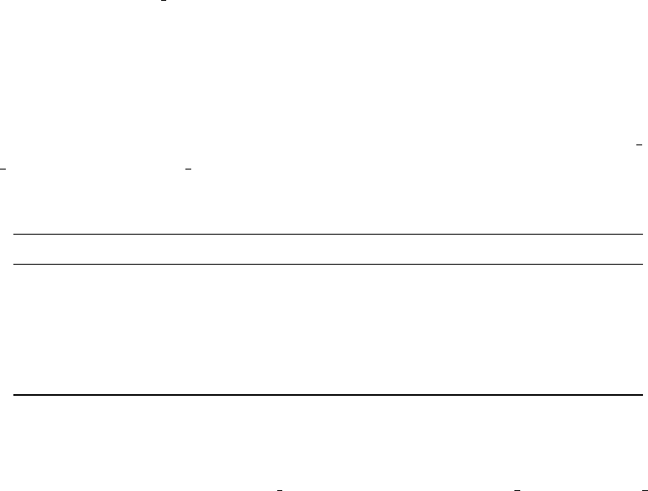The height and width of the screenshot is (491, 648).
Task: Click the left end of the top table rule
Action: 16,235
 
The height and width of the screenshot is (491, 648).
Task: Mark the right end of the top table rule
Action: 631,235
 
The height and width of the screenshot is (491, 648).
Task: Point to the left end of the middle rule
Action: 16,265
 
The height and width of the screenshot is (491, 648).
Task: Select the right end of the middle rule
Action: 631,265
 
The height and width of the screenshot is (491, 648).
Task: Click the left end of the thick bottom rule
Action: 16,394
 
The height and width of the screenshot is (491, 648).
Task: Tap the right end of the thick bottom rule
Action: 631,394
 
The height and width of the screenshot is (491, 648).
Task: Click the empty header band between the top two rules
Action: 324,250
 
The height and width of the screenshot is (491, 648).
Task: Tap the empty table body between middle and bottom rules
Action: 324,330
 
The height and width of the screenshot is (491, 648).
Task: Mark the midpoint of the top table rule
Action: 324,235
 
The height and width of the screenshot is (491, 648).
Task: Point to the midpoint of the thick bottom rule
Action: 324,394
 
